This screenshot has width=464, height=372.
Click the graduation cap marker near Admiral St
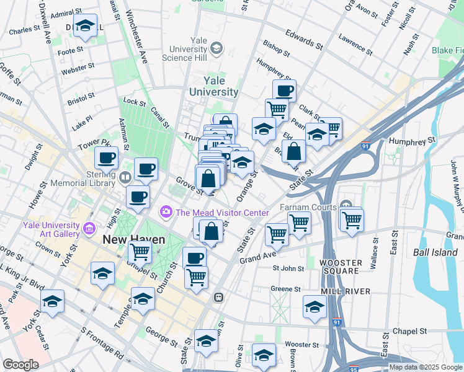85,26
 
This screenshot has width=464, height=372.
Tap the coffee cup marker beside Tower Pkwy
105,157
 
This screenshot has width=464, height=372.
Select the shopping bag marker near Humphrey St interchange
295,151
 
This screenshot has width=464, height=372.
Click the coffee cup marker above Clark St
284,91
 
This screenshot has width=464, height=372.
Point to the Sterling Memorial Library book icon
125,178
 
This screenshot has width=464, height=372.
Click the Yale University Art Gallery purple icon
89,229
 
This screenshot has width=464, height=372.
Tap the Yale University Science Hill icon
216,48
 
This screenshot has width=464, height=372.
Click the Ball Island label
434,252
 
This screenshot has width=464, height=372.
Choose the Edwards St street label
304,38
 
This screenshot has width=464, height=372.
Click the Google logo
20,365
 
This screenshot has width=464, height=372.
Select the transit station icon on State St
218,297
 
